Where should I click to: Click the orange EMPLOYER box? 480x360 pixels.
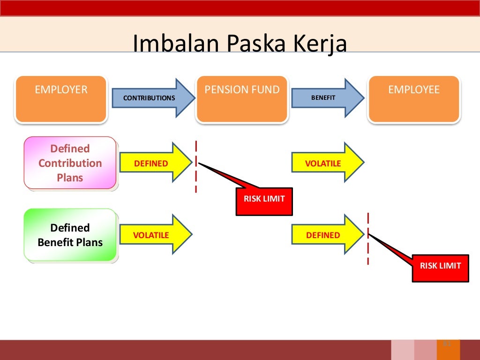61,99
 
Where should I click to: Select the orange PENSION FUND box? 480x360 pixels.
242,99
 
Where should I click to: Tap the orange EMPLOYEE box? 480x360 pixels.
414,99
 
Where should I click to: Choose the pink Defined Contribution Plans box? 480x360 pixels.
70,163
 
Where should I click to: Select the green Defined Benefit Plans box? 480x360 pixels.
70,235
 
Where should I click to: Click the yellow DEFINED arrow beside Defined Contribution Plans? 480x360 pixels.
155,163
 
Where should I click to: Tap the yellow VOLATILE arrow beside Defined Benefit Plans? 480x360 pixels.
155,235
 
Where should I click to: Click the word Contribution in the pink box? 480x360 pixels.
70,163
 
